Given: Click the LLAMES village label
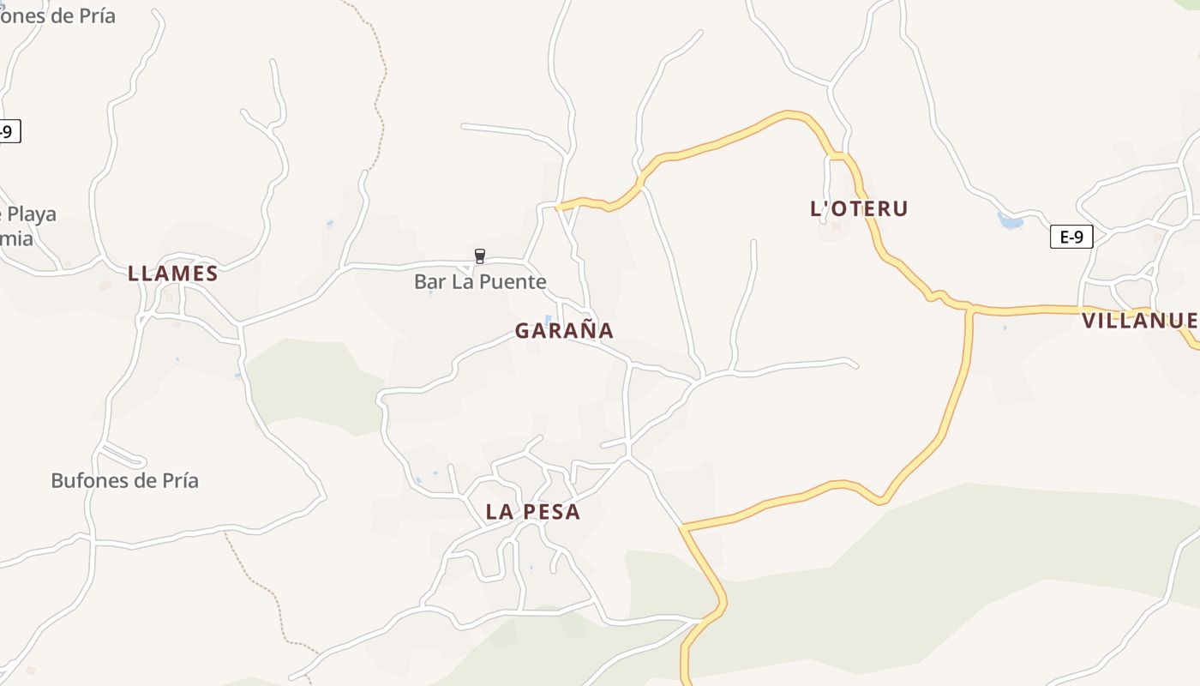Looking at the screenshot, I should (172, 274).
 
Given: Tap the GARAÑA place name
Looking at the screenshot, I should (564, 330).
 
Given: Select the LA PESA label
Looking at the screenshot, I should (533, 512).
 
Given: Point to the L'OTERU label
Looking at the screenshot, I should (859, 208).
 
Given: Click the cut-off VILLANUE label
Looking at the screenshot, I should (1140, 321).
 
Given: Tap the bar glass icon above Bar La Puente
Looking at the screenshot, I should (480, 256).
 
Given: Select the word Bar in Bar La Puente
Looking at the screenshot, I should (429, 281).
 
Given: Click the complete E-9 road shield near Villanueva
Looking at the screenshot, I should (1071, 237).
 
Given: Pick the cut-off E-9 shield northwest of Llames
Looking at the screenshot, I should (7, 131).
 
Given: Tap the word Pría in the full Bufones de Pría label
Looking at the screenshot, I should (178, 480).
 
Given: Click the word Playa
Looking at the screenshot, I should (33, 214).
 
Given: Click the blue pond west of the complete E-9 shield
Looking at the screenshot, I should (1011, 220).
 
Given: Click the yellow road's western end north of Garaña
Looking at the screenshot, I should (559, 207).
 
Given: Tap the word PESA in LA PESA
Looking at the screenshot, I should (552, 512).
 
